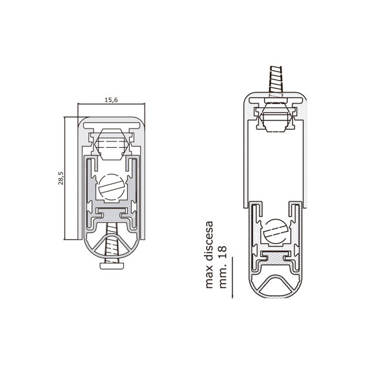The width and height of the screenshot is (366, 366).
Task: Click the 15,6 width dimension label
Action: (111, 100)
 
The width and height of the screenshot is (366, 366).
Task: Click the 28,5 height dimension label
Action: (61, 178)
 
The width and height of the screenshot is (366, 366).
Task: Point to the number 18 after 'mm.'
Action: (223, 252)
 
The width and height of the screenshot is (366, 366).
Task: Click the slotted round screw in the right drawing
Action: (276, 232)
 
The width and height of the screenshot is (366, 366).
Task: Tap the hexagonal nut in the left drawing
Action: (112, 144)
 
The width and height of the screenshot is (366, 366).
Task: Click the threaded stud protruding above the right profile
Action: (276, 79)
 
